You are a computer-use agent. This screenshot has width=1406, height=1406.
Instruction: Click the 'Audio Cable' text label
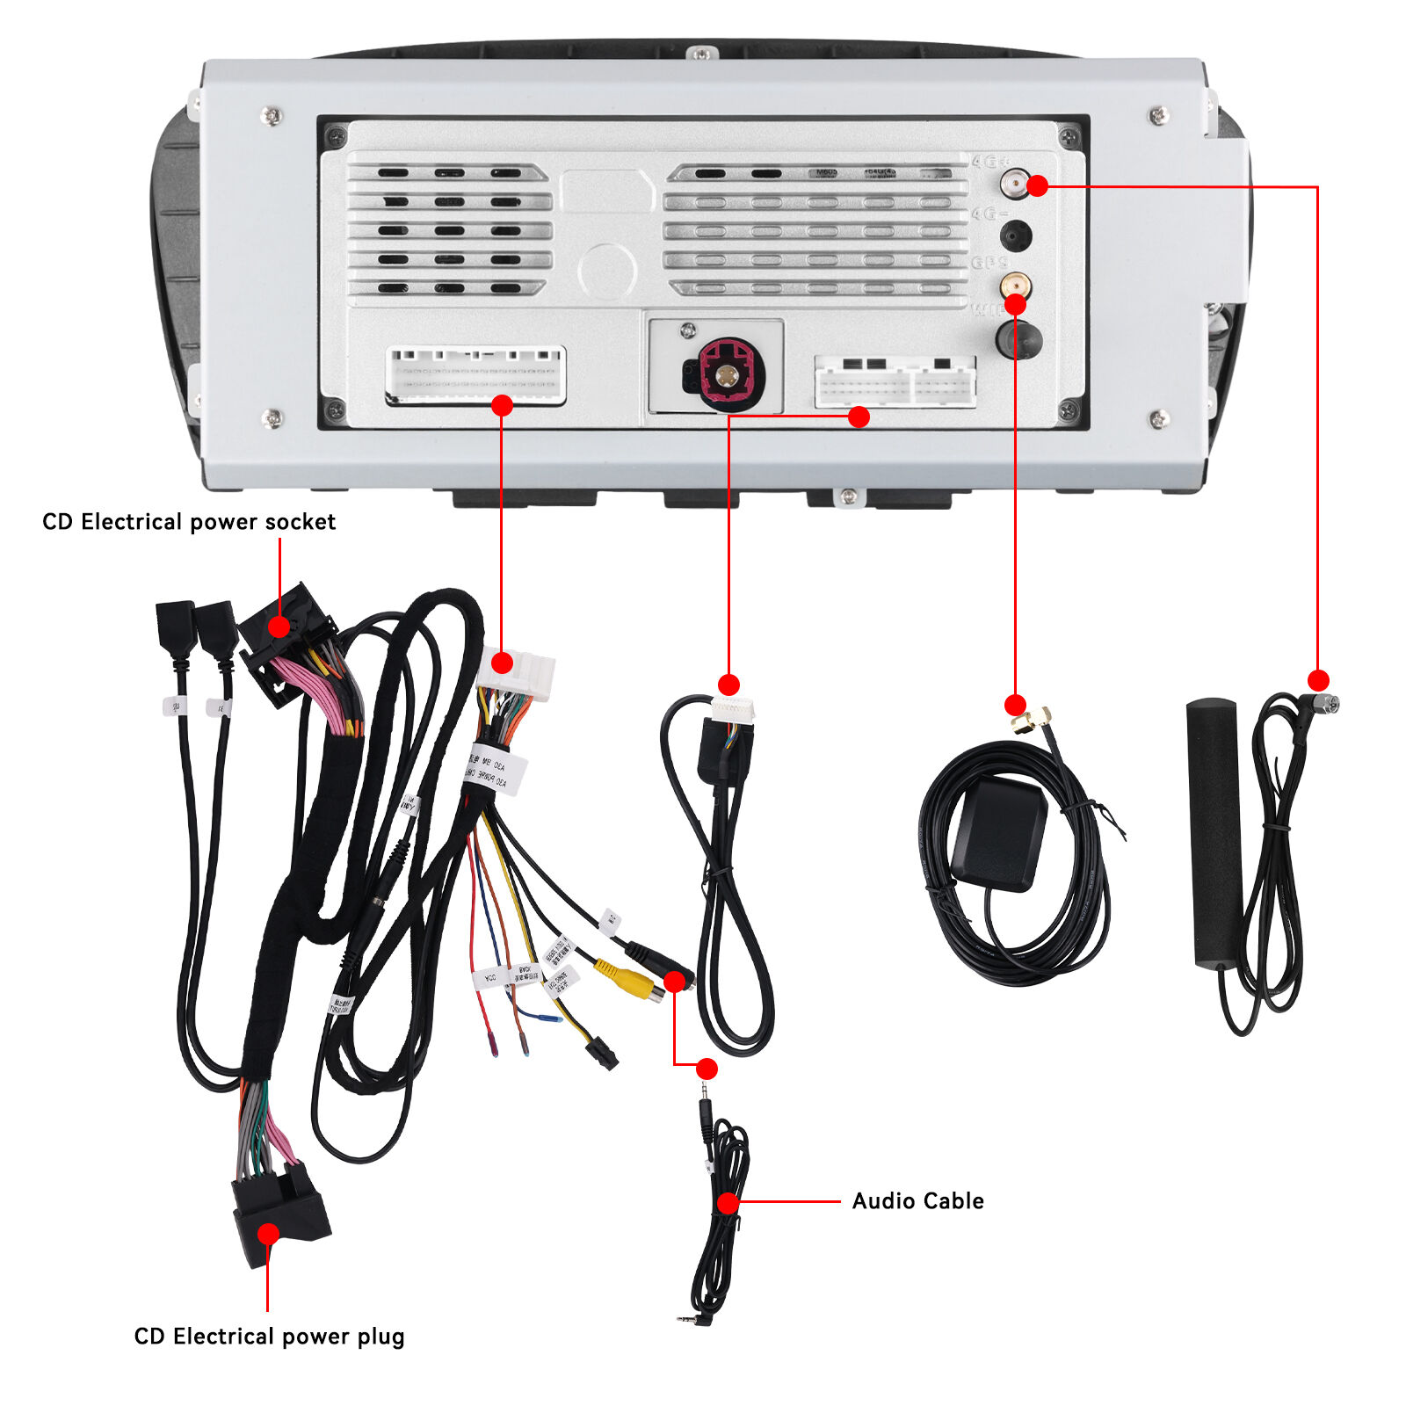[x=917, y=1200]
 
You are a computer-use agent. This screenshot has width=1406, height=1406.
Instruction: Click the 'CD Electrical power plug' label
[x=269, y=1336]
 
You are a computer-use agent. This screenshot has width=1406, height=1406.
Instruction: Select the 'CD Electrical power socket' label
[x=189, y=521]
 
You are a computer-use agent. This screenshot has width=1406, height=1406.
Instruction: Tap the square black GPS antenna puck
[x=999, y=832]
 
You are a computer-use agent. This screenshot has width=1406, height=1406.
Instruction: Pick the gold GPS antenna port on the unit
[x=1015, y=285]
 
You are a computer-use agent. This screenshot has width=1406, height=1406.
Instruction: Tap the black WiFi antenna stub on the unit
[x=1018, y=339]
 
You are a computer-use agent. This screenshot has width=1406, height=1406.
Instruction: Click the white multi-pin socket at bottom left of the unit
[x=475, y=375]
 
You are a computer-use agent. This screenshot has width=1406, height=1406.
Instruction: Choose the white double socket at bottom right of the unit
[x=895, y=382]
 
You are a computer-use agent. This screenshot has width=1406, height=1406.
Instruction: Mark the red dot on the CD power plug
[x=268, y=1234]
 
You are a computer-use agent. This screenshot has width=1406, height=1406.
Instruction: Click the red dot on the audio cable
[x=728, y=1202]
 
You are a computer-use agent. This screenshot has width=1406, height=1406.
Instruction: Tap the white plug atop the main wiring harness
[x=517, y=673]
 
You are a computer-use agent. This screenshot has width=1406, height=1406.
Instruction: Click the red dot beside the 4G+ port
[x=1037, y=185]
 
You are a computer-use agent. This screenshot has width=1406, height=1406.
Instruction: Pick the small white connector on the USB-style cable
[x=733, y=708]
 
